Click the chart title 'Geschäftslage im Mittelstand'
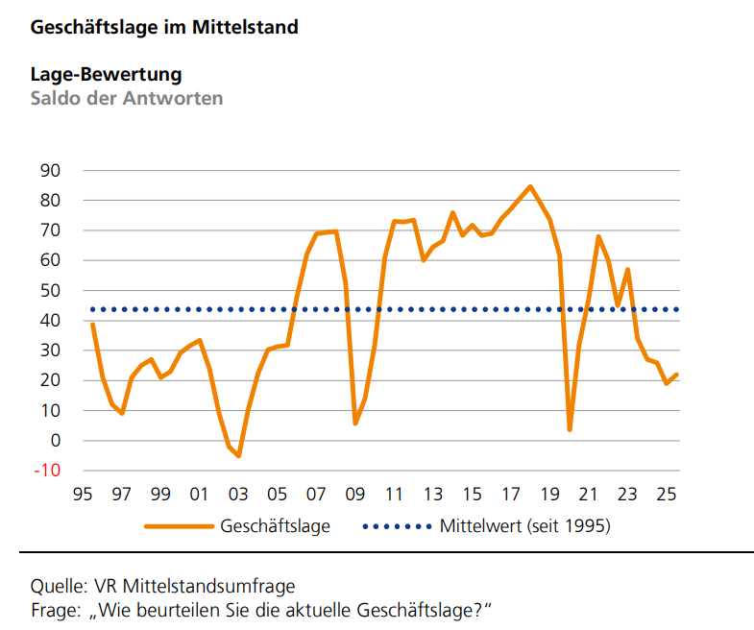(164, 28)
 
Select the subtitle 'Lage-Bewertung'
(107, 74)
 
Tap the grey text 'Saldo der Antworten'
(127, 98)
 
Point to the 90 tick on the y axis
(51, 171)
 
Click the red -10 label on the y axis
(48, 471)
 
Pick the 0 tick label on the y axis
(56, 441)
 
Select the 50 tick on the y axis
(51, 291)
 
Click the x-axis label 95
(83, 496)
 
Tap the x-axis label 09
(354, 496)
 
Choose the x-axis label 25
(666, 496)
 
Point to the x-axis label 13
(432, 496)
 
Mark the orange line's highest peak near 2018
(530, 186)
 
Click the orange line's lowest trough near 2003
(238, 456)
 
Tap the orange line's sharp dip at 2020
(570, 429)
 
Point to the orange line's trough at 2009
(355, 424)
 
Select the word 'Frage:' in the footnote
(56, 610)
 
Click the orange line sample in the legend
(179, 526)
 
